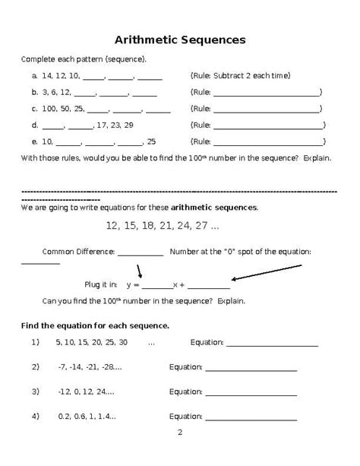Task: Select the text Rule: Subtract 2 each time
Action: [240, 76]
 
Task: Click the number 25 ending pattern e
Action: [151, 141]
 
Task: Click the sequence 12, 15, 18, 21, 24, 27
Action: [163, 226]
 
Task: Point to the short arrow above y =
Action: [140, 271]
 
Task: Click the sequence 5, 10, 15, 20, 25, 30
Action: [92, 343]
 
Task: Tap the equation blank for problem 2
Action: [251, 369]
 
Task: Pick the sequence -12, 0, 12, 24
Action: [86, 392]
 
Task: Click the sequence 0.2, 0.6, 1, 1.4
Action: [87, 417]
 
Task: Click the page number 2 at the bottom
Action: [180, 433]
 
